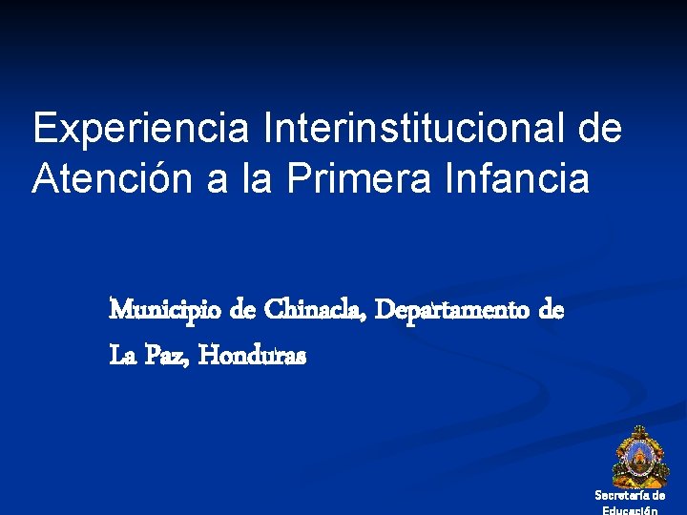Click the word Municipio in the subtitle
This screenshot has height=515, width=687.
click(168, 311)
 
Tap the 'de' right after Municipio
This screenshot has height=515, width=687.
click(243, 311)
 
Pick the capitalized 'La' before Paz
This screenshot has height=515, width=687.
click(123, 357)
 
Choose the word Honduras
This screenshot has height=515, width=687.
click(254, 357)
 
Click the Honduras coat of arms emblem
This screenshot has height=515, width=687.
click(635, 457)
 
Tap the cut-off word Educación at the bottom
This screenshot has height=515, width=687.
click(630, 510)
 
